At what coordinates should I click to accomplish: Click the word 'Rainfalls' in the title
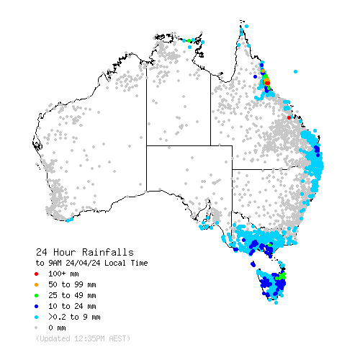coord(107,252)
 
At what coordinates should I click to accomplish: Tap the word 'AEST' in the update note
coord(117,338)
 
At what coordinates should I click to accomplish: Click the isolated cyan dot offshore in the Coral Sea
coord(295,71)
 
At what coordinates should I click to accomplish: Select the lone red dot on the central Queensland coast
coord(289,117)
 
